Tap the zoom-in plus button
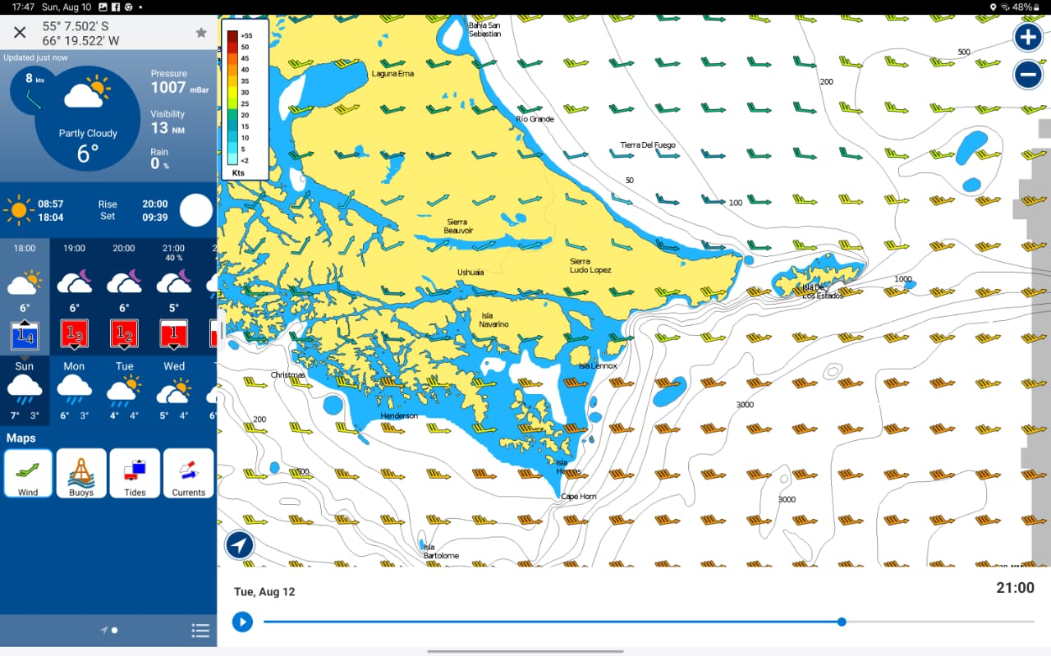1028,37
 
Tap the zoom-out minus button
1028,75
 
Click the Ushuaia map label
470,273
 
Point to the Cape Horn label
578,497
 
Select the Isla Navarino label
493,319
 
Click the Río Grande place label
535,119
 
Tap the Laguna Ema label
392,74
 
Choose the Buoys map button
81,474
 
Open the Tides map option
135,474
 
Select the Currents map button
188,474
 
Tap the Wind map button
28,474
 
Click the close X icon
20,33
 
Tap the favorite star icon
201,33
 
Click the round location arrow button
240,544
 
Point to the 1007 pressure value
168,87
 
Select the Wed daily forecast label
174,366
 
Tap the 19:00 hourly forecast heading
74,248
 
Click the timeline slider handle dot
842,622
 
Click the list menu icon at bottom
200,631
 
